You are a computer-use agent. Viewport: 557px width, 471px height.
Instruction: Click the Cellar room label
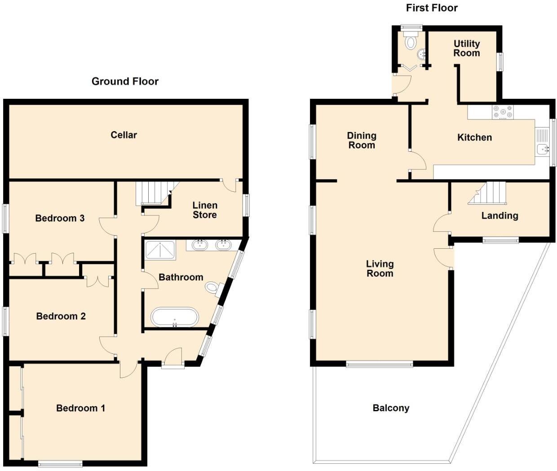pos(124,135)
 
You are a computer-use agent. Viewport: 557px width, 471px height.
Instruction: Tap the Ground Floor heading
pos(125,81)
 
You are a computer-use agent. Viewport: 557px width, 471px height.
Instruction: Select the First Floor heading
pos(432,8)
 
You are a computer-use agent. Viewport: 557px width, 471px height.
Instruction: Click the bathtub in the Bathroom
pos(174,317)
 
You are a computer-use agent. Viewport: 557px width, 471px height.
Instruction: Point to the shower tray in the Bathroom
pos(160,250)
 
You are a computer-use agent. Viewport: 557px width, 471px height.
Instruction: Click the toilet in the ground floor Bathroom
pos(214,288)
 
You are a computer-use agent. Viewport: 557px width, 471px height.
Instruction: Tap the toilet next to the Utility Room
pos(410,42)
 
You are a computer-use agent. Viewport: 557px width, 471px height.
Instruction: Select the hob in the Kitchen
pos(503,112)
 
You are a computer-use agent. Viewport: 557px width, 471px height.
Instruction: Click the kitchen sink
pos(542,149)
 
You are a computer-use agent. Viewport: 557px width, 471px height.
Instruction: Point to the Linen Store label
pos(205,210)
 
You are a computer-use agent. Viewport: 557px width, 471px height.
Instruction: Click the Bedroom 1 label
pos(80,408)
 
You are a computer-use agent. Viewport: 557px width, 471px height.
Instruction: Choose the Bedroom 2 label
pos(61,316)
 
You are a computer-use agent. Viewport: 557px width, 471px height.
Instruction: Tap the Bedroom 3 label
pos(60,218)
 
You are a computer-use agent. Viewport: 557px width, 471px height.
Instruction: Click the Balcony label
pos(391,408)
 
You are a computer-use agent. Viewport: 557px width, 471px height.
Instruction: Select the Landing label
pos(500,216)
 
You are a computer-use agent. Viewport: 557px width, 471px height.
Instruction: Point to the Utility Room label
pos(466,48)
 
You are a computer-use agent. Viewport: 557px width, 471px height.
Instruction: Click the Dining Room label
pos(362,140)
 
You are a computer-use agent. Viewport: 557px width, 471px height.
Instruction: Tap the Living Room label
pos(380,269)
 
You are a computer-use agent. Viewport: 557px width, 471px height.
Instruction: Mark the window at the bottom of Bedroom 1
pos(60,463)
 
